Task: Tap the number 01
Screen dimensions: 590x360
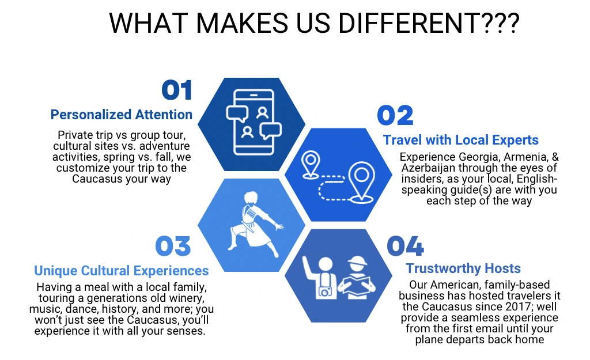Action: (177, 90)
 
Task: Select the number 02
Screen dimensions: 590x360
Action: (395, 115)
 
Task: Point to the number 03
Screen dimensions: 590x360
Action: (173, 247)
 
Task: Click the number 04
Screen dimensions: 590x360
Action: (405, 247)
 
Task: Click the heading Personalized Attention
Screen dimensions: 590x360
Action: (122, 115)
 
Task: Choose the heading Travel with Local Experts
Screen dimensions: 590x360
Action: (461, 140)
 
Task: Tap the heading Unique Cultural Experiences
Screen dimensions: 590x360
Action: (122, 271)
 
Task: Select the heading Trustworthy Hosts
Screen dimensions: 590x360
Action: (463, 268)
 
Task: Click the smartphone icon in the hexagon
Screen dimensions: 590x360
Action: (254, 122)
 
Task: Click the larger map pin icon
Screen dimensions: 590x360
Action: (361, 182)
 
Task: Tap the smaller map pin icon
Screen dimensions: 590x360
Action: (311, 164)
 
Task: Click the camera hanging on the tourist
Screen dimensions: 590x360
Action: (326, 291)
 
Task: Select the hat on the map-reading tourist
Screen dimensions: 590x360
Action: (357, 261)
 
